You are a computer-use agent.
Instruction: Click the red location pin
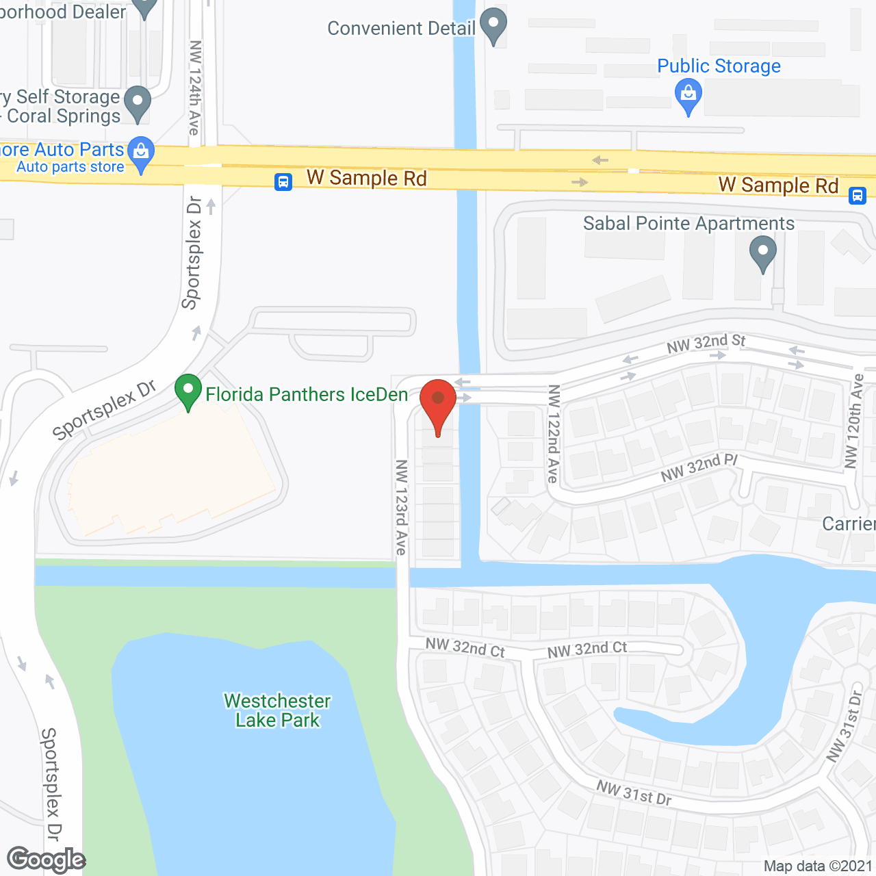[438, 404]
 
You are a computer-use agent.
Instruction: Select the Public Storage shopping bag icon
[688, 96]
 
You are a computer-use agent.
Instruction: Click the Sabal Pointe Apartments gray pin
[762, 253]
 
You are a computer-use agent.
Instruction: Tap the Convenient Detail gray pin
[493, 25]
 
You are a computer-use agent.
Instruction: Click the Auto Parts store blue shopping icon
[141, 155]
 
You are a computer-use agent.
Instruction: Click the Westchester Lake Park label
[277, 710]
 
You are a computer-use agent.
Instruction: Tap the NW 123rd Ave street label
[401, 507]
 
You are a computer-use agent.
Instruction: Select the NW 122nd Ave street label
[554, 434]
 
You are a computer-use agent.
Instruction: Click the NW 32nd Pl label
[699, 467]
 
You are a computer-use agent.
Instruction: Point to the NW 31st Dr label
[634, 793]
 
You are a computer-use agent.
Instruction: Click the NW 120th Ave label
[854, 421]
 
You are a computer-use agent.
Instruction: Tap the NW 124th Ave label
[195, 88]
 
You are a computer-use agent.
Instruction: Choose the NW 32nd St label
[706, 343]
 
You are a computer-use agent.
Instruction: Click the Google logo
[46, 860]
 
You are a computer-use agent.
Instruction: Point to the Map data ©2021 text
[818, 866]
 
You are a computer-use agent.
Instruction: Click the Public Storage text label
[719, 66]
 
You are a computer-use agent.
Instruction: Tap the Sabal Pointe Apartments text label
[688, 224]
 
